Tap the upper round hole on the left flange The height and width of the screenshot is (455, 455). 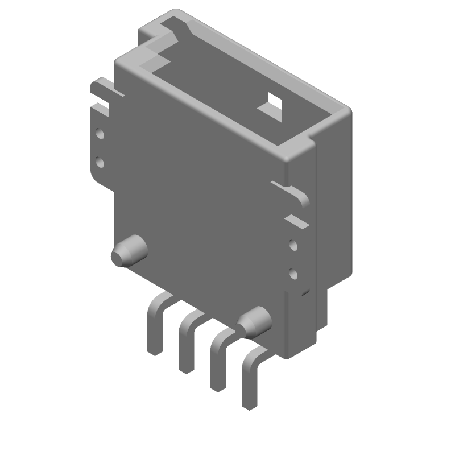click(100, 134)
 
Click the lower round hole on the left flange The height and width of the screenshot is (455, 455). click(100, 163)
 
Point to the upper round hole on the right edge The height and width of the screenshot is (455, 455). click(293, 246)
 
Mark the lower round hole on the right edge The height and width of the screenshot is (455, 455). click(293, 275)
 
